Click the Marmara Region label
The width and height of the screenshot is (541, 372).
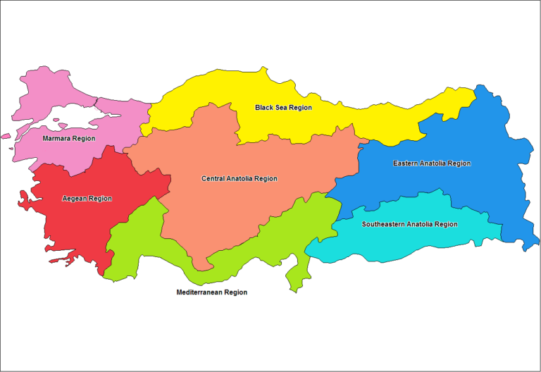pos(68,139)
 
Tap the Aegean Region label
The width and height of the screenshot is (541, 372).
pos(87,199)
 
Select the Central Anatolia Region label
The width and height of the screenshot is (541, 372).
pos(240,179)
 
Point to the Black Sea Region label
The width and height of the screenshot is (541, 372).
pos(283,108)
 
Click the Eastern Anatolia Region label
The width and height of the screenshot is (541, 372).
pos(431,163)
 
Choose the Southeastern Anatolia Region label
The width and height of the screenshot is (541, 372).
pos(409,224)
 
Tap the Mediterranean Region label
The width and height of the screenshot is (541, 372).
pos(211,292)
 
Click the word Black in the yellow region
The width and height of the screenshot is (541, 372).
pos(265,108)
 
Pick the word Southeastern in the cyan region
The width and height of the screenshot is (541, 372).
pos(383,224)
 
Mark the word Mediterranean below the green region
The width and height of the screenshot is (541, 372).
pos(199,292)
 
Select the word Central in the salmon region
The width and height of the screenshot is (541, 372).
pos(213,179)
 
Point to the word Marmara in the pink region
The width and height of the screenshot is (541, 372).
pos(56,139)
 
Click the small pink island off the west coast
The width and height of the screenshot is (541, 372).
pos(6,136)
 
